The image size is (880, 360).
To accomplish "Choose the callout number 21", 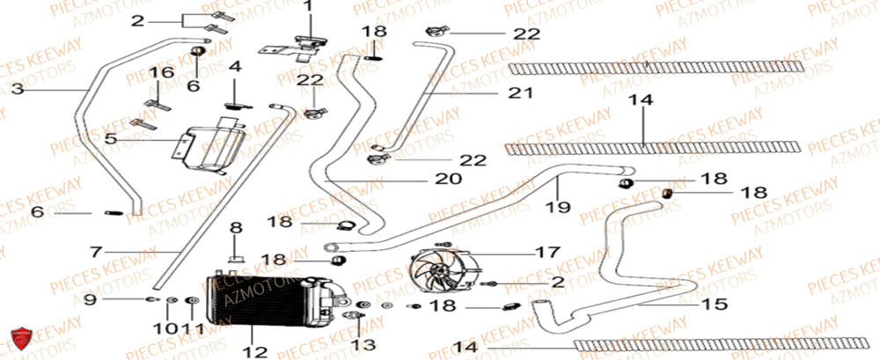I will point(514,92).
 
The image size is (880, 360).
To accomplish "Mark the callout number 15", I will point(715,305).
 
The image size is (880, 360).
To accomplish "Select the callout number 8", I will point(235,228).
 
